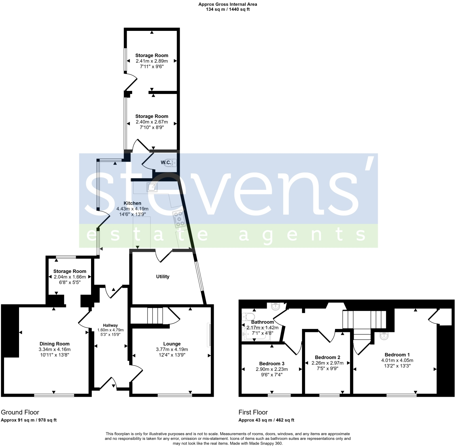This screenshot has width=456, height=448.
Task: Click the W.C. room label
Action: tap(166, 163)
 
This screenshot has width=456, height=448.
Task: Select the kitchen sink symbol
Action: tap(152, 187)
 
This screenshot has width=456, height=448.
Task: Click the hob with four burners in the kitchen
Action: tap(179, 219)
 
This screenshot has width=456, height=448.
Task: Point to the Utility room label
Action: tap(162, 277)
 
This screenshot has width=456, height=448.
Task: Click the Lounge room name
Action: tap(172, 344)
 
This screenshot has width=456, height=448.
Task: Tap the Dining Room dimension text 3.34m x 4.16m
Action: tap(54, 349)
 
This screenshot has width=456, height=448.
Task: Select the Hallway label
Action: tap(110, 325)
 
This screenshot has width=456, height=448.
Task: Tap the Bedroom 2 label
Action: tap(328, 357)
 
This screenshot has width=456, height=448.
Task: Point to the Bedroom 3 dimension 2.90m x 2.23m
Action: tap(271, 369)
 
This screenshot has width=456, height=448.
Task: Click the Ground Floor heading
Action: tap(20, 412)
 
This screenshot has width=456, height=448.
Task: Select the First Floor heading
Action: tap(253, 412)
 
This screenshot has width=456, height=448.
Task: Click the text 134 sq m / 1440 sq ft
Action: tap(228, 10)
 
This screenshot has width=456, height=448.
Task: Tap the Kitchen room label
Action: tap(132, 203)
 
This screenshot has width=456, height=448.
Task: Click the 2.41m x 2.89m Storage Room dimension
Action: tap(152, 61)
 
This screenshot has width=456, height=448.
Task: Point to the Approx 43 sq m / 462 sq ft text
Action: tap(266, 420)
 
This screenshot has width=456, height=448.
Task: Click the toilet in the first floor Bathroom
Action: tap(246, 317)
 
